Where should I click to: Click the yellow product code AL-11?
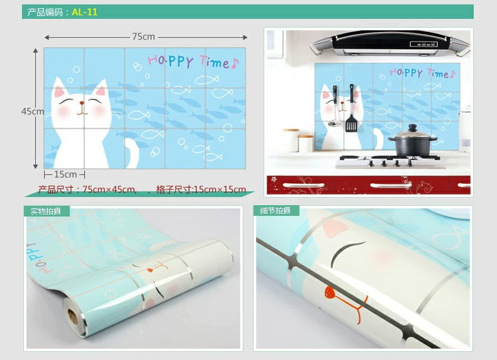(x=85, y=12)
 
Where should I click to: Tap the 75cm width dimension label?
(x=143, y=37)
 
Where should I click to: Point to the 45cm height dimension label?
(x=33, y=111)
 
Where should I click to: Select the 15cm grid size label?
(x=65, y=174)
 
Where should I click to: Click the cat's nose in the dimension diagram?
(x=82, y=103)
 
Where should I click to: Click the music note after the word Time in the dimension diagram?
(x=235, y=63)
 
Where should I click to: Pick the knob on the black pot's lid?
(x=412, y=128)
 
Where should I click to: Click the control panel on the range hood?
(x=423, y=44)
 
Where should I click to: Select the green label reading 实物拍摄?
(x=46, y=211)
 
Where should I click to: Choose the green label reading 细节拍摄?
(x=275, y=211)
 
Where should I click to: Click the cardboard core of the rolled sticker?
(x=73, y=316)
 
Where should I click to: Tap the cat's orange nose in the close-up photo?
(x=330, y=292)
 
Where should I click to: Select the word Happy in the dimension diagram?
(x=170, y=60)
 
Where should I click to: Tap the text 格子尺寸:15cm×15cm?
(x=201, y=189)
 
